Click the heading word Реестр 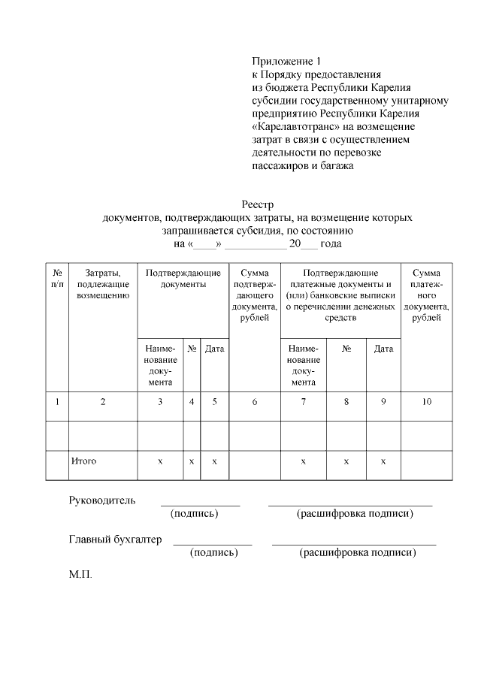(x=257, y=204)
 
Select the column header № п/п (x=57, y=278)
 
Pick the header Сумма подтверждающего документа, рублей (x=255, y=295)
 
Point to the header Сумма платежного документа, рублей (x=426, y=295)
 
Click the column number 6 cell (x=255, y=402)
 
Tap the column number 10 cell (x=426, y=402)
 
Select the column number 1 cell (x=57, y=402)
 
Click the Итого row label (x=83, y=461)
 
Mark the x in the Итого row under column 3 (x=160, y=461)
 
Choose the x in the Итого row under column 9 (x=383, y=461)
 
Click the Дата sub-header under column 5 (x=215, y=349)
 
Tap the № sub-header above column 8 (x=346, y=349)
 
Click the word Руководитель (x=102, y=500)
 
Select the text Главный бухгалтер (x=115, y=539)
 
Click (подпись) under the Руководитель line (x=195, y=514)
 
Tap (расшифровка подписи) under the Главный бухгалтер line (x=357, y=553)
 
